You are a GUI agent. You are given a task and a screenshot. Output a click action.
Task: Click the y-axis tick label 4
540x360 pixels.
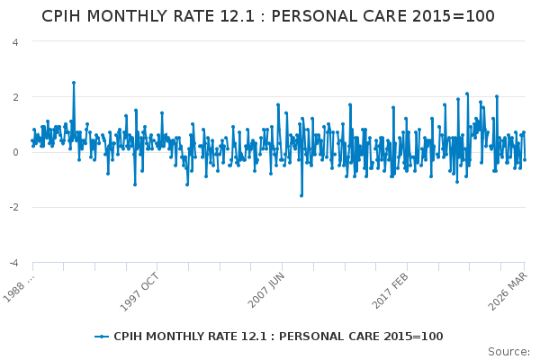tap(15, 42)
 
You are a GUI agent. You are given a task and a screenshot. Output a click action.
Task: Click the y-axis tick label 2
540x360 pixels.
tap(15, 97)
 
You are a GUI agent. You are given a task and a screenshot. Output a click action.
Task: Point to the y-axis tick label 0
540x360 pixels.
tap(15, 152)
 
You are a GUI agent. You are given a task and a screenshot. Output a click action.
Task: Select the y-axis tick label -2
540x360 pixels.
tap(13, 207)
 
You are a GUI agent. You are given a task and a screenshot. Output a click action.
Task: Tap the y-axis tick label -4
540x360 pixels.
tap(13, 263)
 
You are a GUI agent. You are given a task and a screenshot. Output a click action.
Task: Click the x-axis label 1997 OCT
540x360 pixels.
tap(139, 292)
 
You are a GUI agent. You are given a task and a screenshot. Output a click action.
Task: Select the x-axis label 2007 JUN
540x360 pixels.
tap(265, 290)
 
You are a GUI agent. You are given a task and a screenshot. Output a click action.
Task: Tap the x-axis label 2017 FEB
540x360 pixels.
tap(391, 291)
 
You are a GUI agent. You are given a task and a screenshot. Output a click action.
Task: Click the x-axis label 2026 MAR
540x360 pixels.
tap(508, 292)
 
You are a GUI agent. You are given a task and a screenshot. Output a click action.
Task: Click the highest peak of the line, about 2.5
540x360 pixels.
tap(74, 83)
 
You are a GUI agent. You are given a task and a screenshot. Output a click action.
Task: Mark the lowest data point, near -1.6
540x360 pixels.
tap(301, 195)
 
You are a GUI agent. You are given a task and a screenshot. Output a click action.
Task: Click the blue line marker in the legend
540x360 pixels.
tap(102, 337)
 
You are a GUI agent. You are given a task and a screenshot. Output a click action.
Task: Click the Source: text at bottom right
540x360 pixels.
tap(508, 352)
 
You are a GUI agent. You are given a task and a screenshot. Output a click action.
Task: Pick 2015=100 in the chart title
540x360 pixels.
tap(454, 16)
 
